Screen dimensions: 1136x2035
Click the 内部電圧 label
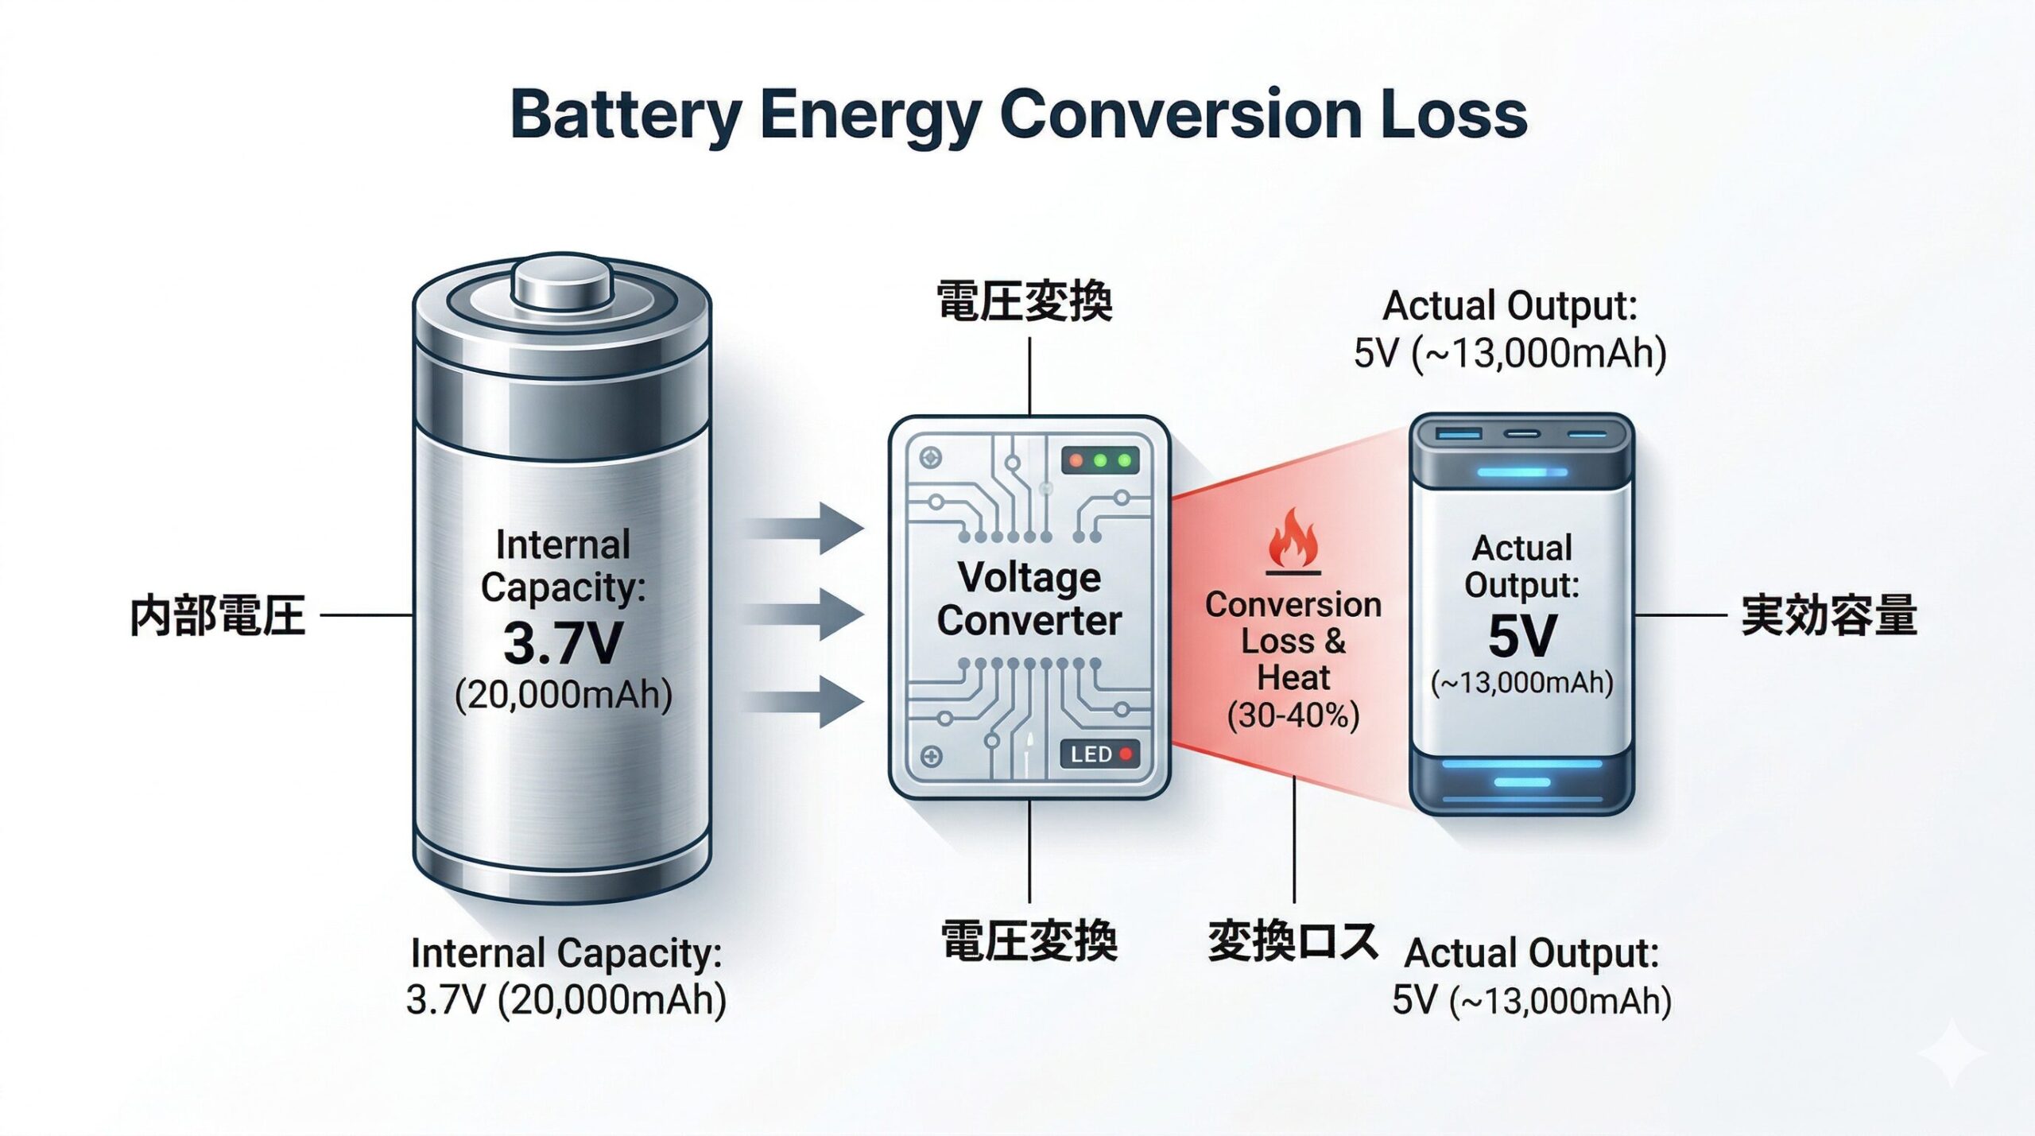(x=217, y=615)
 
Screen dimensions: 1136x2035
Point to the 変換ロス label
(x=1293, y=941)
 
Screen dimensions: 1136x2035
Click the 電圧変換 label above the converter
(x=1025, y=301)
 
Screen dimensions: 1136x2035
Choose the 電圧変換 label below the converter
(x=1029, y=941)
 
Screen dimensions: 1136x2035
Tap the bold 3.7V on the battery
(x=562, y=643)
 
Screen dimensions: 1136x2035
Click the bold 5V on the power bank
(x=1521, y=636)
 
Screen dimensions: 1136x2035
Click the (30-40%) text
(x=1293, y=715)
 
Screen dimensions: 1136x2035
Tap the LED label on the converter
(x=1091, y=754)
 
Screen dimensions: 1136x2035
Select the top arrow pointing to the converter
(x=807, y=528)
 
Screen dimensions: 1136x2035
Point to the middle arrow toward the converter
(x=807, y=615)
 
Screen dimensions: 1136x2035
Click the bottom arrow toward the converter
(x=807, y=701)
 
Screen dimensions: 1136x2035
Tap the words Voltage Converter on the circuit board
(x=1029, y=599)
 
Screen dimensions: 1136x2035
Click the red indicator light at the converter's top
(x=1076, y=460)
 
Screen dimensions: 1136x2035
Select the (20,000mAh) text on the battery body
(x=564, y=695)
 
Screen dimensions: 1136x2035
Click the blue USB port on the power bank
(x=1459, y=434)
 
